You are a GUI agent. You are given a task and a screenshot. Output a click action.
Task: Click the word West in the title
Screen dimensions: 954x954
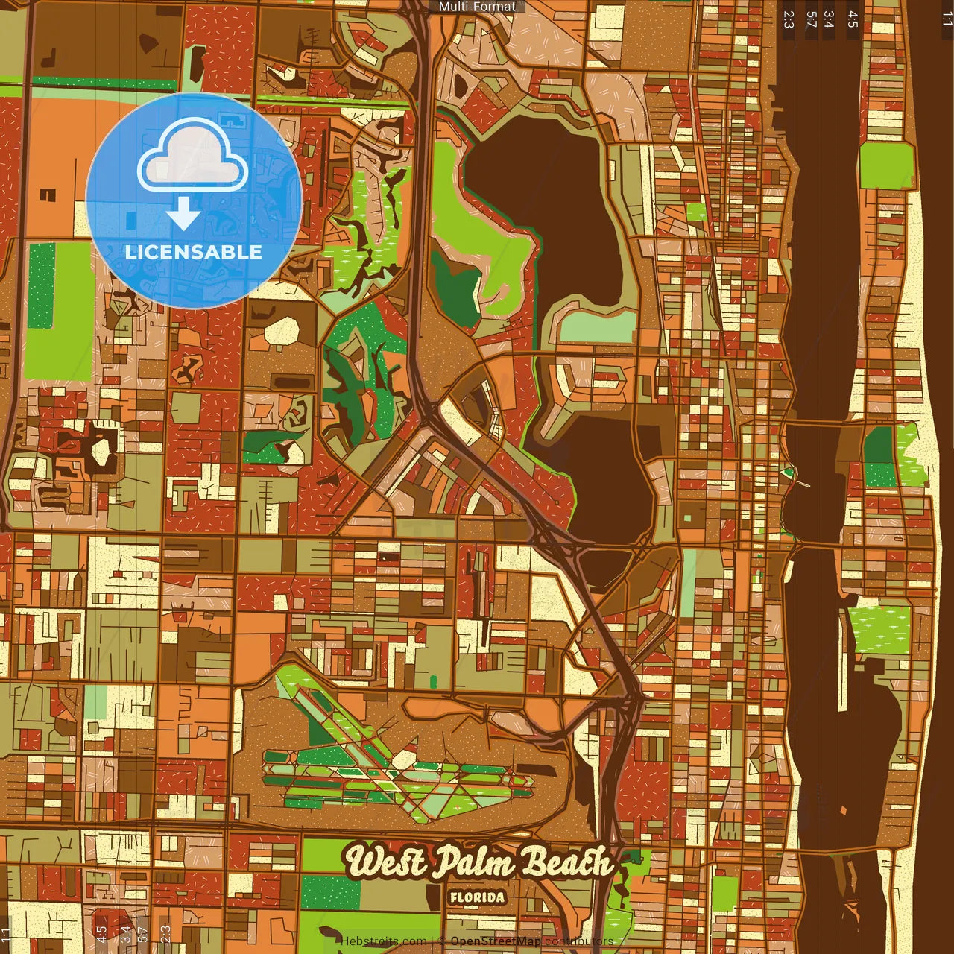tap(385, 863)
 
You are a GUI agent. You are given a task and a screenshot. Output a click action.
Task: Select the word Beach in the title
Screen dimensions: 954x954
tap(566, 863)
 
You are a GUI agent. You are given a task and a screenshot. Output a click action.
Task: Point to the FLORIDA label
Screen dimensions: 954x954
tap(477, 897)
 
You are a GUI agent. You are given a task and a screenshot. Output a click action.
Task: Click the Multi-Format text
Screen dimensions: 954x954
tap(477, 7)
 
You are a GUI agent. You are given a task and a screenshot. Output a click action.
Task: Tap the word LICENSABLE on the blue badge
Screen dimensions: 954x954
tap(194, 252)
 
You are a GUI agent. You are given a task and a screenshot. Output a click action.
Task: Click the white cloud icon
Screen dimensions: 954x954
tap(193, 155)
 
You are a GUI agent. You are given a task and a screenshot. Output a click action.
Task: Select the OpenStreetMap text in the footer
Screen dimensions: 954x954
tap(496, 941)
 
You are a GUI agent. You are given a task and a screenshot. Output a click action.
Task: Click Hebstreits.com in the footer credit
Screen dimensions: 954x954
tap(384, 941)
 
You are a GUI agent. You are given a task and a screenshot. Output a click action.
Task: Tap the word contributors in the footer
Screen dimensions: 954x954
tap(579, 941)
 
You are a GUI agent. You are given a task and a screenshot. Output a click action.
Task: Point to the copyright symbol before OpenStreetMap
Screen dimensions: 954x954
tap(443, 941)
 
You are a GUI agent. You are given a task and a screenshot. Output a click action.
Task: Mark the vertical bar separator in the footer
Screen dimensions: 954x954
tap(432, 941)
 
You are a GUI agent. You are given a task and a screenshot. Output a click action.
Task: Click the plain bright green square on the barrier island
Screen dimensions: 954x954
tap(886, 165)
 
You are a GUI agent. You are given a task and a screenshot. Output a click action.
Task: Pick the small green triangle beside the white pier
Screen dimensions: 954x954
tap(786, 472)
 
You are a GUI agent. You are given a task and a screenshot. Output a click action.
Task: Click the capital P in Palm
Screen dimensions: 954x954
tap(448, 862)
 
